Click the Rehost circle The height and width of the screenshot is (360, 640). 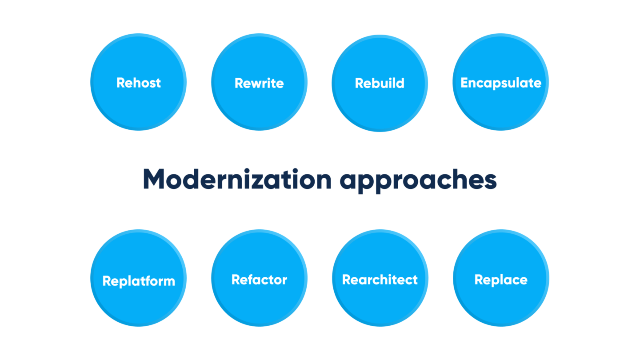point(138,102)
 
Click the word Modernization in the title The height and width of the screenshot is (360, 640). point(237,180)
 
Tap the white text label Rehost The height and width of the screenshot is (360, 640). point(138,83)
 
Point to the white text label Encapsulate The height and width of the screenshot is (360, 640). point(501,83)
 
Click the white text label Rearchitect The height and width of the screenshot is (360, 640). point(380,280)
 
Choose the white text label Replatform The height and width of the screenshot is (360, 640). point(139,281)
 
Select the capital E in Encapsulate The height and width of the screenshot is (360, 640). point(464,83)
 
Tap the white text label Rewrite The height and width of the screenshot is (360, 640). point(259,83)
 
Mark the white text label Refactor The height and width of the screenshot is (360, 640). point(259,280)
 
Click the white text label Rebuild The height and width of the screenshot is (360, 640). point(380,83)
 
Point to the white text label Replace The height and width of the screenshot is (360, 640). point(501,280)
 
